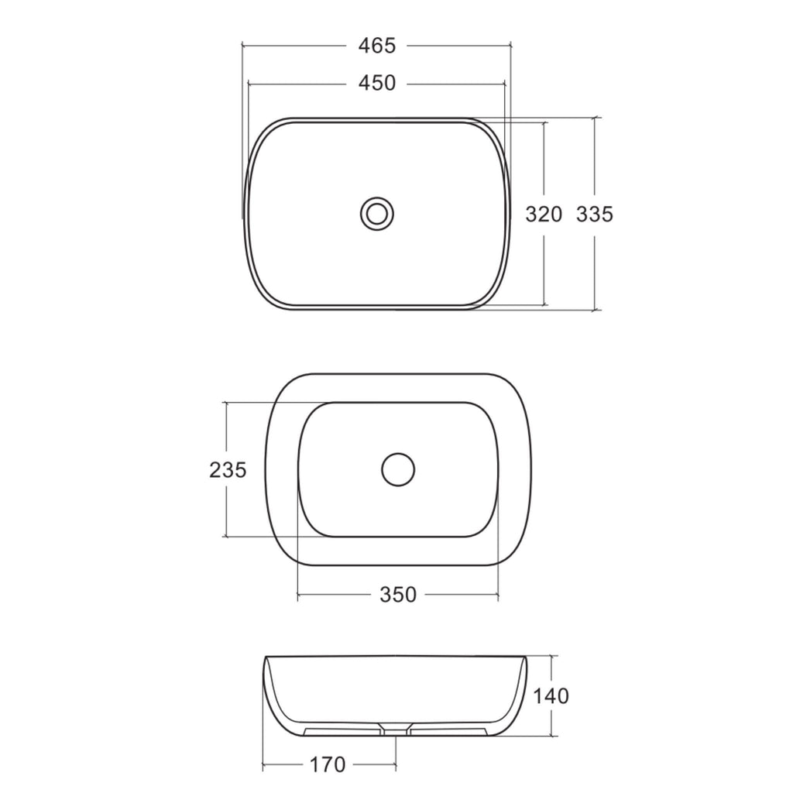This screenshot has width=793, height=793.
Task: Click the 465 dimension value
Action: click(x=377, y=46)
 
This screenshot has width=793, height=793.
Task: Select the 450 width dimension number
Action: click(x=377, y=84)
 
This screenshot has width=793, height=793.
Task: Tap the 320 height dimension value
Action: click(x=544, y=215)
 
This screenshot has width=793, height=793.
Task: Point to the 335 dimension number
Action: click(x=595, y=215)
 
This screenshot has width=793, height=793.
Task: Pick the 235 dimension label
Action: click(x=228, y=470)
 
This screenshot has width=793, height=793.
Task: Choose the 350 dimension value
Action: click(x=398, y=596)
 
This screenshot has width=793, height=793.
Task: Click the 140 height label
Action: click(x=551, y=696)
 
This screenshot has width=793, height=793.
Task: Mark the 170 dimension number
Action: click(x=328, y=764)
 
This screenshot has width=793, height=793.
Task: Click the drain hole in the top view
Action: click(x=377, y=214)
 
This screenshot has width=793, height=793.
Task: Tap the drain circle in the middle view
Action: click(x=398, y=470)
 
